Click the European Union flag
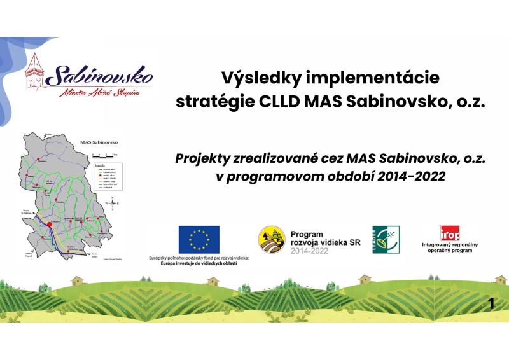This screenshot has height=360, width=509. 199,239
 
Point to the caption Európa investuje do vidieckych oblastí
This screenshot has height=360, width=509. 198,263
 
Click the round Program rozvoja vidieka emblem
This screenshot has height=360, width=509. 271,240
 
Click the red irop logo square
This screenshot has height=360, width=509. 450,232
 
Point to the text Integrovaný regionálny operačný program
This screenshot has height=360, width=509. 450,248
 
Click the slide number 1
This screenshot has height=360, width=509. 491,304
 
